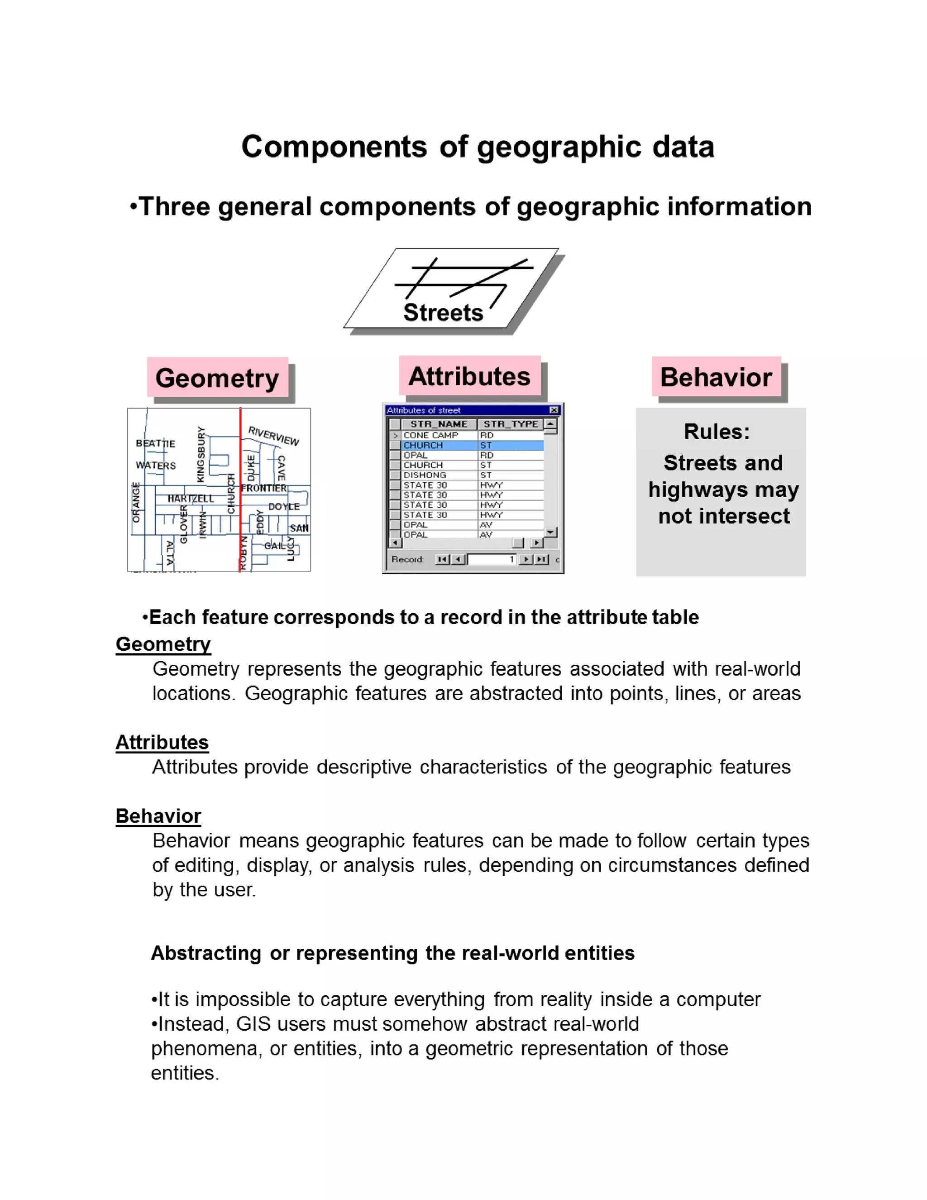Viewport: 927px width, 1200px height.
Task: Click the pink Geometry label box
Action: pos(217,378)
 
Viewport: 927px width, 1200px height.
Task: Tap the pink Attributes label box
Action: pos(469,376)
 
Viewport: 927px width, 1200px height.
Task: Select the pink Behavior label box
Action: pos(716,377)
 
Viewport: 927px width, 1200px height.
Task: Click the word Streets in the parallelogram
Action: pos(443,312)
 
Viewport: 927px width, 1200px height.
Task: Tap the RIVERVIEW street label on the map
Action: pos(273,435)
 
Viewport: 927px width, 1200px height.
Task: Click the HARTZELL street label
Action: pos(190,499)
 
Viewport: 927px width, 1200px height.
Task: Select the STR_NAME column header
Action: pos(439,424)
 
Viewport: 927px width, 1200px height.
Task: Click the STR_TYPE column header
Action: pos(510,424)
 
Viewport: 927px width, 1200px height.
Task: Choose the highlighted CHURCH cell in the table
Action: pos(423,445)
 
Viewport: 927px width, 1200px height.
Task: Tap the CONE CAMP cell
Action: pos(430,435)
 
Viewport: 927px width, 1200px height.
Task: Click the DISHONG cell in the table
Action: pos(425,475)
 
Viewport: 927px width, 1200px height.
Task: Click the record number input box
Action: pos(491,559)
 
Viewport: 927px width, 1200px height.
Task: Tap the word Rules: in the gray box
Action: pos(717,432)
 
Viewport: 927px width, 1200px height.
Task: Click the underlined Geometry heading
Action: pos(163,644)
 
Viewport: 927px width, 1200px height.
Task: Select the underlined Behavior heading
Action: pos(158,816)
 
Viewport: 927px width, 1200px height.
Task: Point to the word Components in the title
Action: pos(334,147)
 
